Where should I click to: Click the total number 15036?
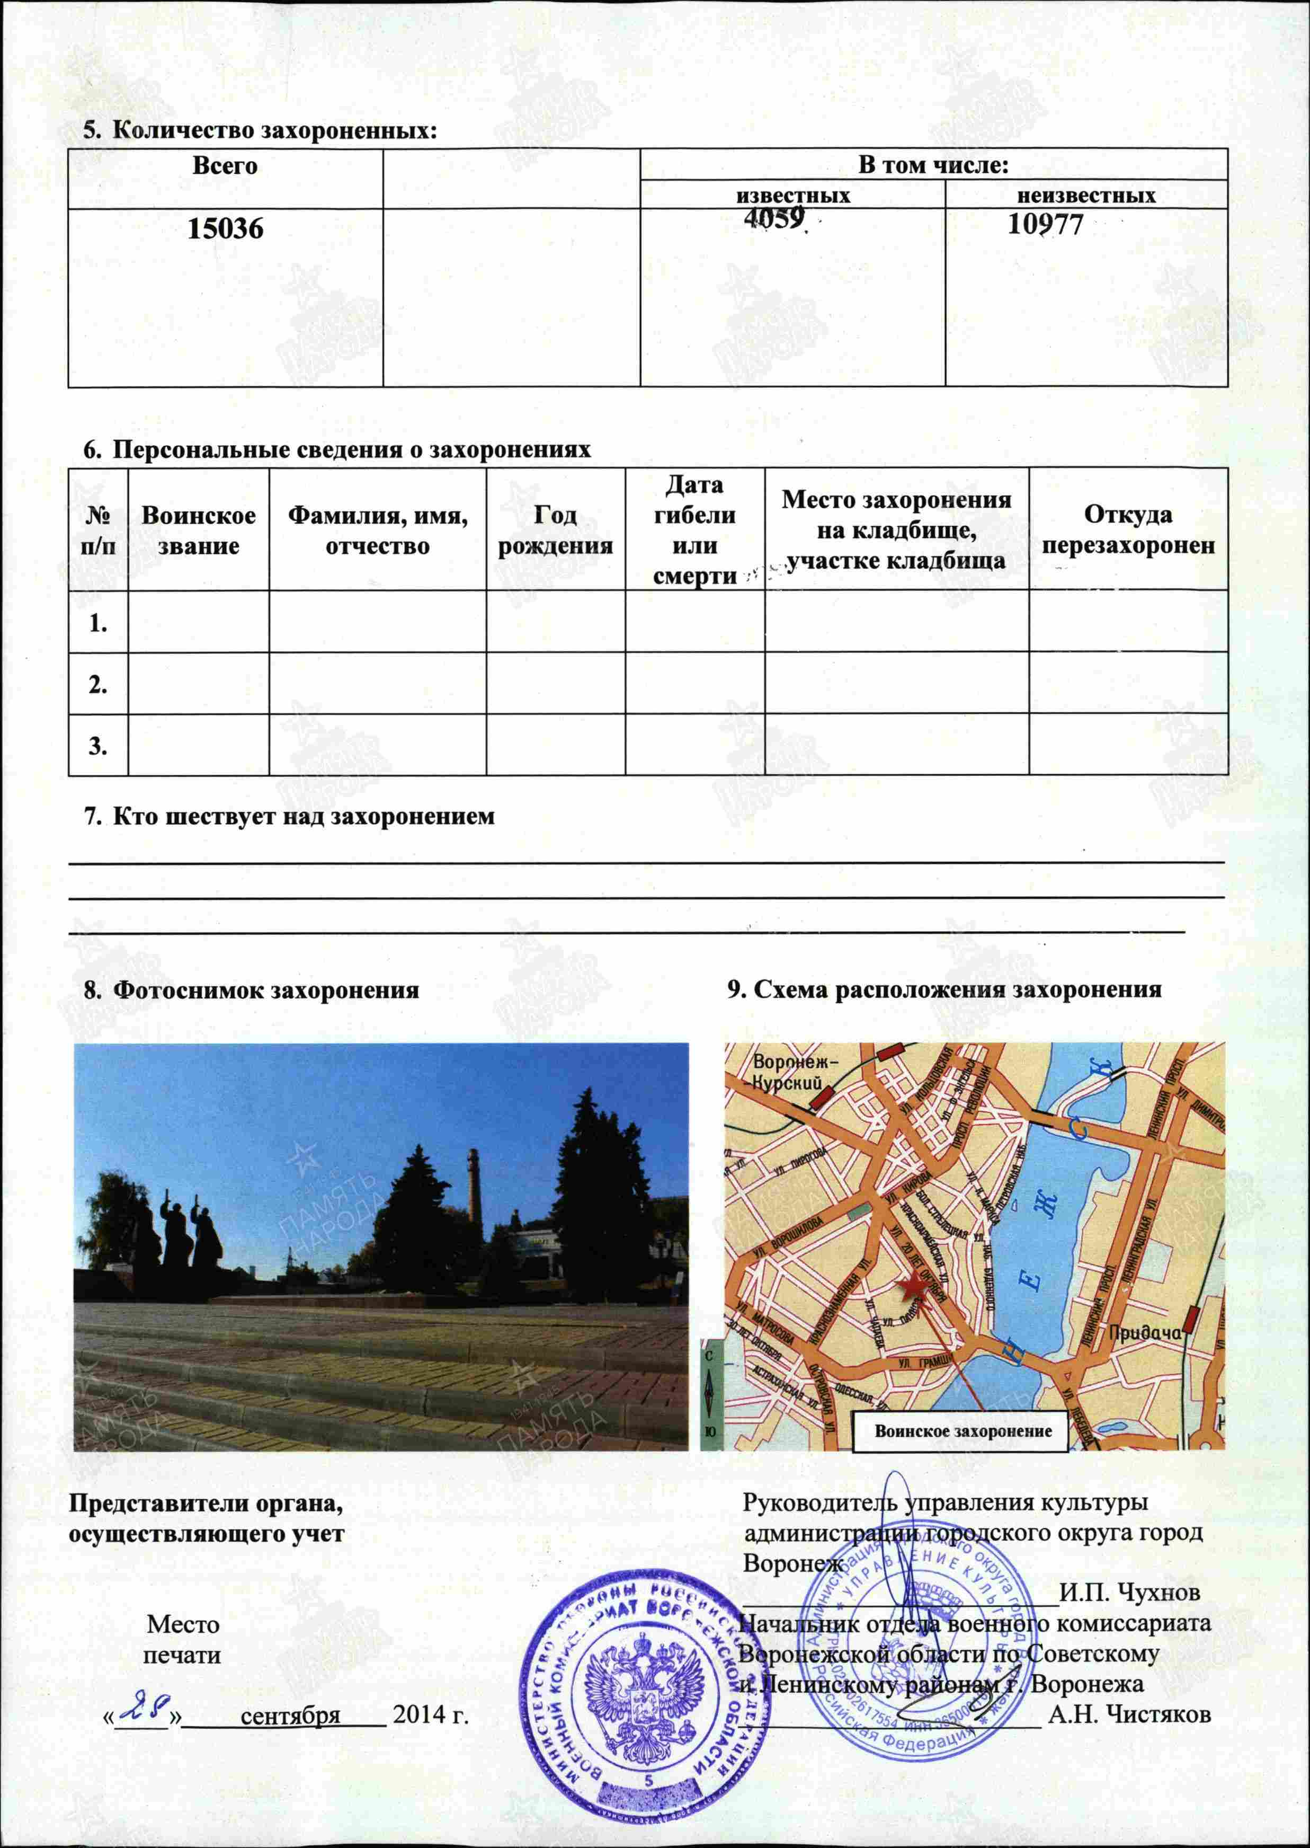coord(225,229)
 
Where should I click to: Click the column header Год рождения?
coord(555,529)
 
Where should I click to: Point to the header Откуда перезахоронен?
coord(1128,529)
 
